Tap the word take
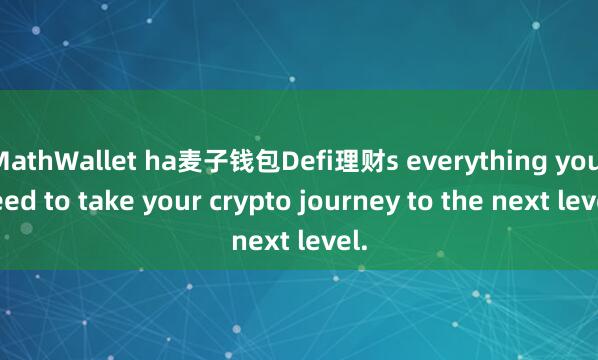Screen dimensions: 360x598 point(93,199)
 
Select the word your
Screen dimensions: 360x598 point(158,199)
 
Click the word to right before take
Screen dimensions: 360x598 point(51,199)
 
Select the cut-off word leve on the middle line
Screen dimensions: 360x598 point(576,199)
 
